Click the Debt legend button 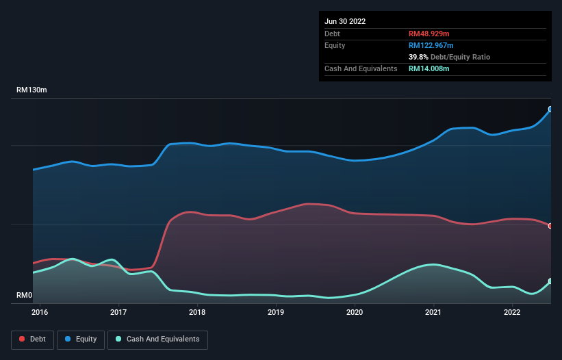pos(31,339)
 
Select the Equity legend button pos(81,339)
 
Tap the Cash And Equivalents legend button pos(157,339)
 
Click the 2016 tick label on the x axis pos(40,313)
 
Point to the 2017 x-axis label pos(119,313)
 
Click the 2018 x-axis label pos(197,313)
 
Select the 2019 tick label pos(276,313)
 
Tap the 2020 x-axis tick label pos(355,313)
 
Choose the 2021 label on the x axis pos(433,313)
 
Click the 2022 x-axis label pos(512,313)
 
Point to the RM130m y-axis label pos(31,90)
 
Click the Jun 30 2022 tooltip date pos(345,21)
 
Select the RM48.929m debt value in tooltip pos(429,34)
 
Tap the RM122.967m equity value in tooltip pos(431,45)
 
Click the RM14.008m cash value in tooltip pos(429,68)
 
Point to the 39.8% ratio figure pos(419,57)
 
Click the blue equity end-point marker pos(550,109)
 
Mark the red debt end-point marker pos(550,226)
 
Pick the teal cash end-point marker pos(550,281)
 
